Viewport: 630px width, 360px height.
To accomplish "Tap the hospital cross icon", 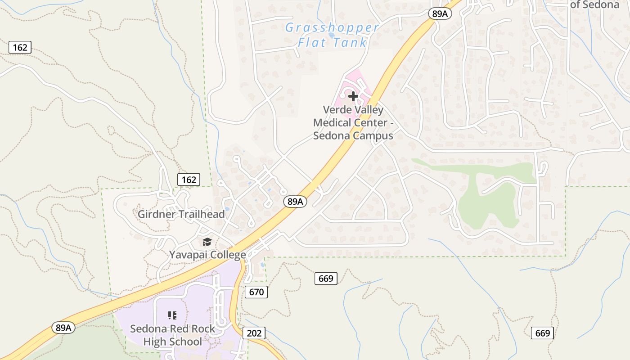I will [x=353, y=96].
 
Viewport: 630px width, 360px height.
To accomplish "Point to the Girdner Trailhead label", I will [x=181, y=214].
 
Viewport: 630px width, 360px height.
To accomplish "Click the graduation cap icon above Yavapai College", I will [x=207, y=242].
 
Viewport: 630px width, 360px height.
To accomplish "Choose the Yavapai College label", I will [x=207, y=255].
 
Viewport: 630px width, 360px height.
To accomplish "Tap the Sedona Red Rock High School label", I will [x=173, y=335].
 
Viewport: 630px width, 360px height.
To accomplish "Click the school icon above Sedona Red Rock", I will [x=172, y=315].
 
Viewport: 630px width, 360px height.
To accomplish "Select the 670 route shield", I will [x=256, y=292].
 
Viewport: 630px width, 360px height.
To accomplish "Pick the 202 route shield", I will [x=254, y=333].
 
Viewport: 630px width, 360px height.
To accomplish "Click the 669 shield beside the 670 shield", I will [x=325, y=279].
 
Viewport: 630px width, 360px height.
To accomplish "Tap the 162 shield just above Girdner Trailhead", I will [x=189, y=180].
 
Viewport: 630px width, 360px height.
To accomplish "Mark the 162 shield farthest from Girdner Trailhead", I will [x=20, y=47].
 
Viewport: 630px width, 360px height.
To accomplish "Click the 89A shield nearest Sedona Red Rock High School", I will [x=63, y=328].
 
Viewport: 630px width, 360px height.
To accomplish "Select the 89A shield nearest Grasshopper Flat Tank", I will [x=440, y=13].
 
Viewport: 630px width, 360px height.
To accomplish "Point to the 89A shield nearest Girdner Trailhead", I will [x=295, y=202].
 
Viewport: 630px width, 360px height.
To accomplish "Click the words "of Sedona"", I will [x=594, y=5].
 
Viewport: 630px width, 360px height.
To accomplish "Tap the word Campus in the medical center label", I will [x=371, y=135].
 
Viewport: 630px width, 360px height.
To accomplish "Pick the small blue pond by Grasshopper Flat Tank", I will [x=332, y=35].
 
